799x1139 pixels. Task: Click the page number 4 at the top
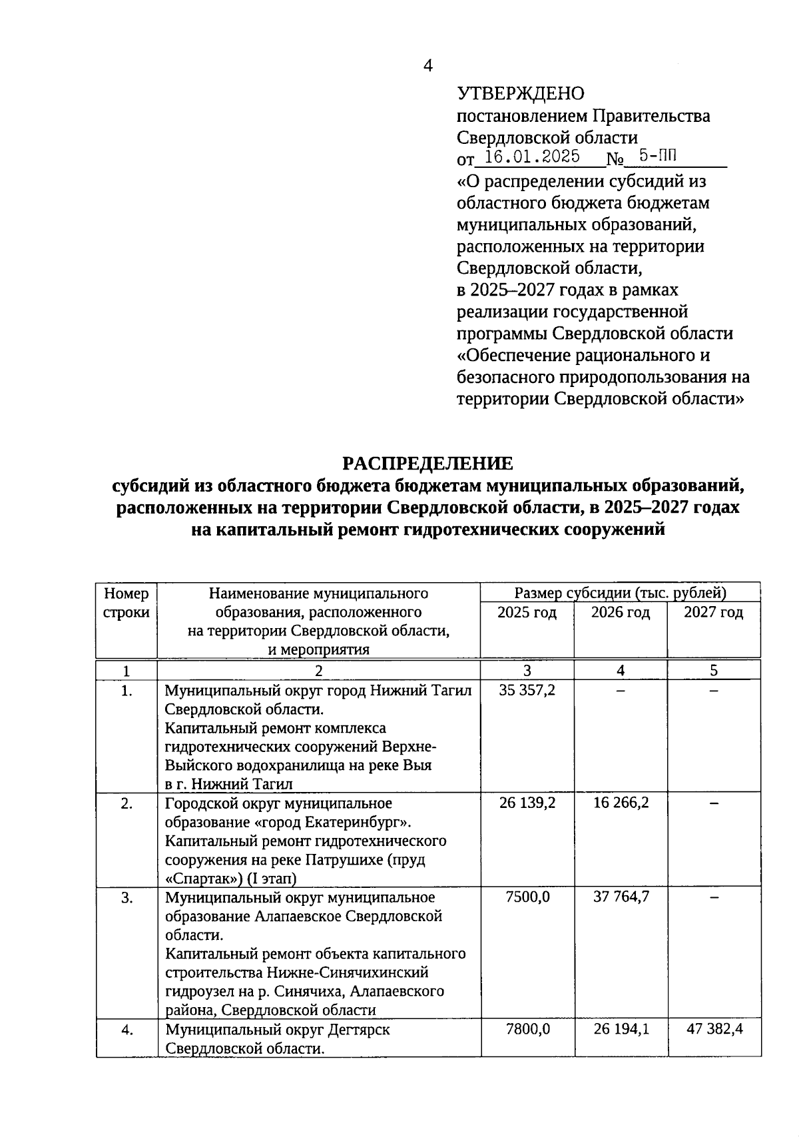pos(428,65)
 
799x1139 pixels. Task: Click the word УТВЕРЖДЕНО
pos(520,94)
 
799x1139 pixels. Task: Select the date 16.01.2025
pos(532,157)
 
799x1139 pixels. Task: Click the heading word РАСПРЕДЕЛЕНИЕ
pos(427,463)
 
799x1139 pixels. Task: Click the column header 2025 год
pos(527,613)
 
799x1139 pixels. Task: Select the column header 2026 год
pos(621,613)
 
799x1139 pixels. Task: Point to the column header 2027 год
pos(713,613)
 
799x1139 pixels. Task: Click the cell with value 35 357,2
pos(527,690)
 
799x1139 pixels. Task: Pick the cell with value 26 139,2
pos(527,803)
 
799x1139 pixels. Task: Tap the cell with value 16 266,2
pos(621,803)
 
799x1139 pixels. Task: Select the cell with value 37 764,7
pos(621,897)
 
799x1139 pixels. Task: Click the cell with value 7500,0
pos(527,897)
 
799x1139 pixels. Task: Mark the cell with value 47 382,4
pos(714,1029)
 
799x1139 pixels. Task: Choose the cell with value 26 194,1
pos(621,1029)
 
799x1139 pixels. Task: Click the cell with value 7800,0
pos(527,1029)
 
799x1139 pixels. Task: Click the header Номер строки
pos(127,603)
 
